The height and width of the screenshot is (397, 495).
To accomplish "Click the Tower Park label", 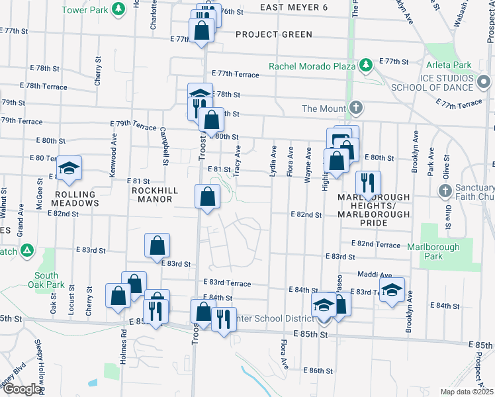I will [x=84, y=10].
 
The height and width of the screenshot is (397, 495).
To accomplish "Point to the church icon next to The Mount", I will [x=355, y=108].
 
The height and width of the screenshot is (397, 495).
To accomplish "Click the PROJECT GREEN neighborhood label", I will [x=266, y=34].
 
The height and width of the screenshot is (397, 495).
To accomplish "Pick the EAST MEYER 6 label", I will [x=293, y=7].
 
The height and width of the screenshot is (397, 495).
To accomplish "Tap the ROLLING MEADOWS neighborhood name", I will [x=66, y=198].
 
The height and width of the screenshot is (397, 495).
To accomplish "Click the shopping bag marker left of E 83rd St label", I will [x=157, y=245].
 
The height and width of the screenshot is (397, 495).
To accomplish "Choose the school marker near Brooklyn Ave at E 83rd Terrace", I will [x=392, y=289].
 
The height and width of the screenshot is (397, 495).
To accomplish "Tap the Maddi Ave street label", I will [x=375, y=275].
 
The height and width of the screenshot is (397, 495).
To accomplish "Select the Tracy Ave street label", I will [x=237, y=157].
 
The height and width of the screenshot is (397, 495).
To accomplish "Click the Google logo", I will [x=21, y=389].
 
